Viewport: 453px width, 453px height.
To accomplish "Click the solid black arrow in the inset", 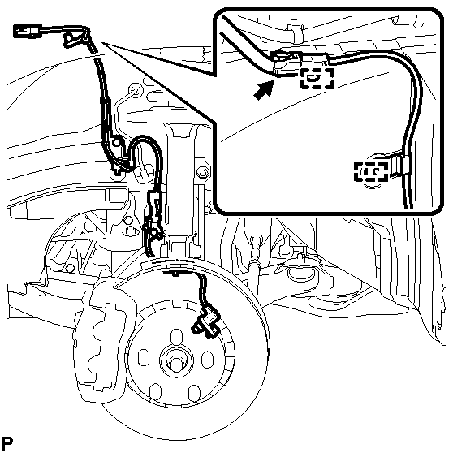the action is tap(263, 90).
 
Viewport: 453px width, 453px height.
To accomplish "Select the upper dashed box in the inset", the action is tap(317, 78).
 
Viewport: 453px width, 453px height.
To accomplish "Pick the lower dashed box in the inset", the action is tap(371, 171).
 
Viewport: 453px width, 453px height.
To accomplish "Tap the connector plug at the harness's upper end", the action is tap(28, 31).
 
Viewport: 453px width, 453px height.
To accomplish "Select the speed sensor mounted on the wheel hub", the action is tap(205, 321).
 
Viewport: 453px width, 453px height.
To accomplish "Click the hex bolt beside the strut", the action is tap(202, 173).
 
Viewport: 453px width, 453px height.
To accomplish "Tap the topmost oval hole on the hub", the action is tap(176, 337).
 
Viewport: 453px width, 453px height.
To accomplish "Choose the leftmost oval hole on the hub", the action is tap(144, 358).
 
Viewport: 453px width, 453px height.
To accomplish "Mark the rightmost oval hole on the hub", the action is tap(207, 360).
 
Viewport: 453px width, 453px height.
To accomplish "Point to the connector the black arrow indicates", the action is tap(286, 63).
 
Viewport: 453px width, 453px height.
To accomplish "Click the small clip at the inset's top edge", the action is tap(295, 28).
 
